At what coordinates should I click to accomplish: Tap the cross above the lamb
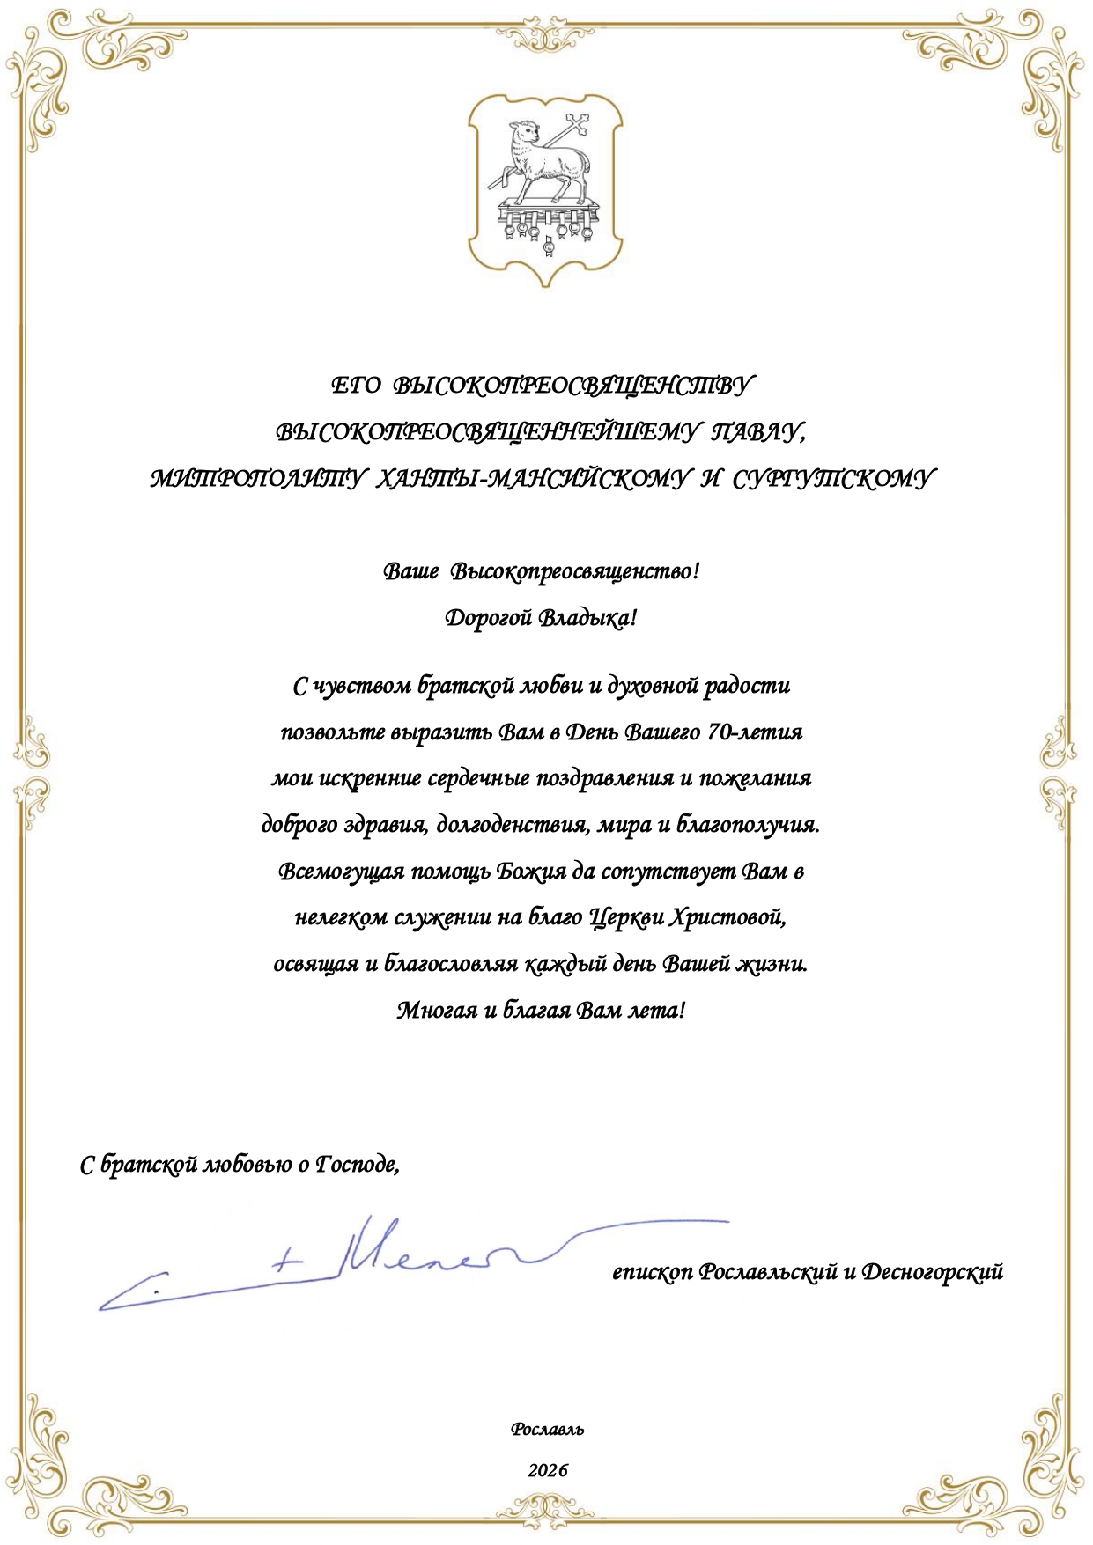click(578, 123)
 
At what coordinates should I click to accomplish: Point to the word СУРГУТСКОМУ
click(831, 479)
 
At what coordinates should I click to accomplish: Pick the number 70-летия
click(755, 732)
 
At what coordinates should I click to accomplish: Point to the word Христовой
click(727, 917)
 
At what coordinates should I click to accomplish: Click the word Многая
click(437, 1010)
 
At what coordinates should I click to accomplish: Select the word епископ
click(652, 1273)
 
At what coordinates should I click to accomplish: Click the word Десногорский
click(932, 1273)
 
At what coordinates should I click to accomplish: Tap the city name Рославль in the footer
click(547, 1430)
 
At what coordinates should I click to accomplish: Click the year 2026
click(548, 1470)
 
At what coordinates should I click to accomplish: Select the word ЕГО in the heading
click(356, 386)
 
